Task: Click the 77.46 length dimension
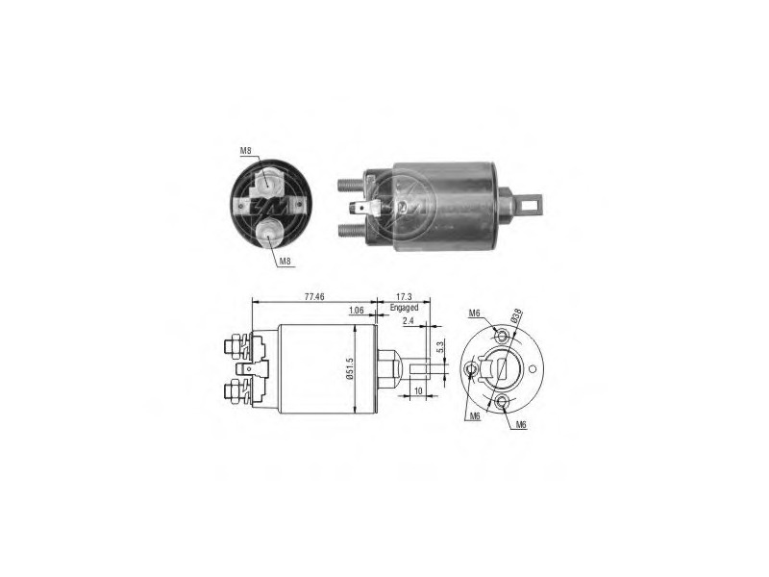(314, 297)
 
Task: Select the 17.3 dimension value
(404, 297)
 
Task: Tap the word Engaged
(404, 308)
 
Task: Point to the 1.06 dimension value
(356, 310)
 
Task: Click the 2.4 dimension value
(409, 321)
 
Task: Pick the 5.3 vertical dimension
(440, 347)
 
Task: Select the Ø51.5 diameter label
(350, 368)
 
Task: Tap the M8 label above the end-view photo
(246, 151)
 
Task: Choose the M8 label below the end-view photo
(285, 262)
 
